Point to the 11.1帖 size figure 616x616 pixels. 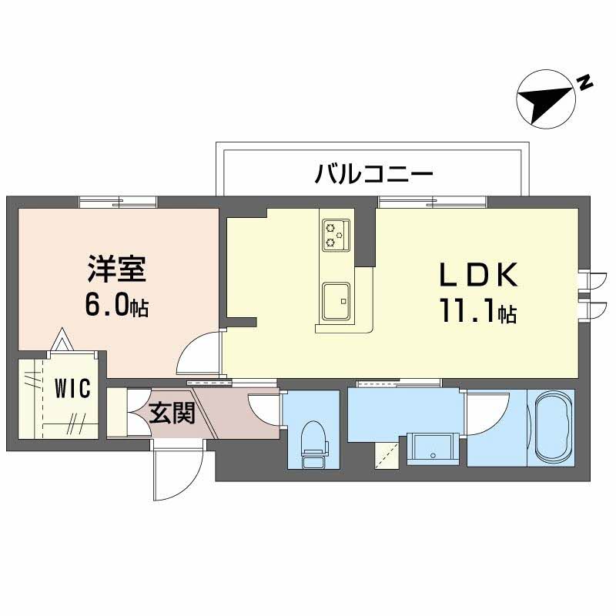[x=477, y=312]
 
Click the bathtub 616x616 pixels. [x=550, y=427]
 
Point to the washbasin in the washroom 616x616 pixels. [x=431, y=446]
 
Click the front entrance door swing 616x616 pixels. [x=178, y=470]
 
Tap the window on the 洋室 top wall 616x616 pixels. [x=118, y=202]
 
